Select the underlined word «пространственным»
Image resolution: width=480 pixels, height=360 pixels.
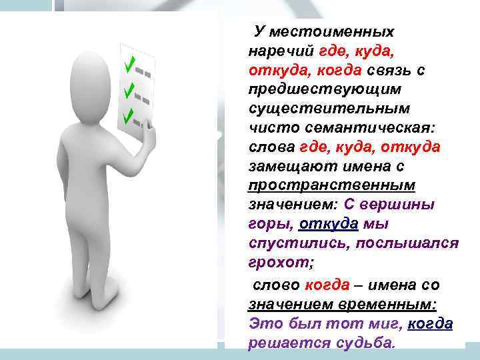pyautogui.click(x=331, y=184)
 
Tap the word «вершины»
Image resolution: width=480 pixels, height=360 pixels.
pyautogui.click(x=405, y=203)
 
